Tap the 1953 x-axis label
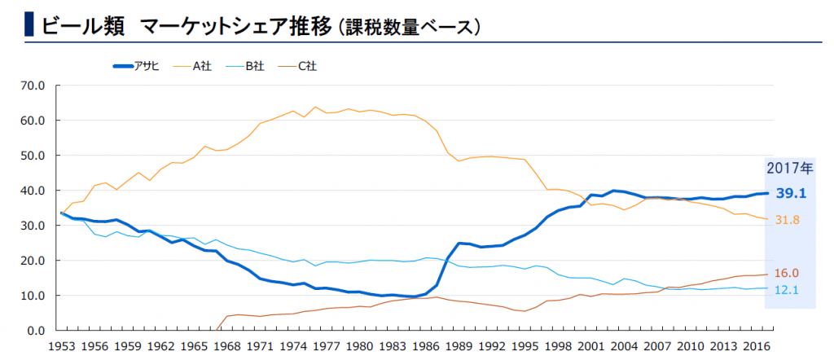click(x=62, y=346)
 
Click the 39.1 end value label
click(x=792, y=192)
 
